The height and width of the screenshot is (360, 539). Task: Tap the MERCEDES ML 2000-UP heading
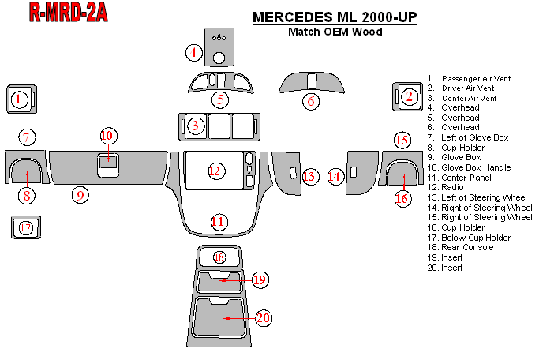[335, 17]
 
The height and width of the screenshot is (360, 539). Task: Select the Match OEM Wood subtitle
[335, 32]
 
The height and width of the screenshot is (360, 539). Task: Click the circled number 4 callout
[194, 53]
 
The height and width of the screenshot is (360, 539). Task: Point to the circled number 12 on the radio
[215, 171]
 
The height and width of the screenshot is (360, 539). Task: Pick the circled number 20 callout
[263, 317]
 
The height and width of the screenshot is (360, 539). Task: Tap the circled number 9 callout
[79, 194]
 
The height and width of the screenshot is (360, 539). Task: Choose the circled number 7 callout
[27, 137]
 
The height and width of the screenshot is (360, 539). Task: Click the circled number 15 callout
[402, 140]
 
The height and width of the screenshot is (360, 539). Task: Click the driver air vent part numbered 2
[406, 97]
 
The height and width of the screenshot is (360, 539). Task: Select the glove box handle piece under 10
[109, 163]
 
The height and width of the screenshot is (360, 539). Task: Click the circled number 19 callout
[260, 279]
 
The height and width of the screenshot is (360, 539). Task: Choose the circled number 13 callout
[309, 176]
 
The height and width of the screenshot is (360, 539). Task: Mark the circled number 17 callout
[26, 228]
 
